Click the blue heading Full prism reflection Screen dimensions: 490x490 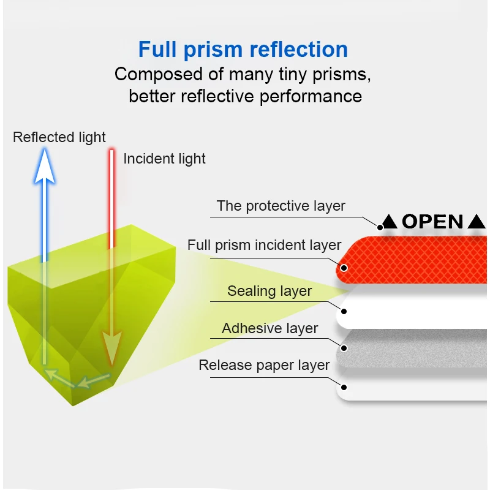tap(243, 49)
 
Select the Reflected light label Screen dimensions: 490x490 tap(59, 137)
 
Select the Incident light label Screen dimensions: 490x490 tap(164, 159)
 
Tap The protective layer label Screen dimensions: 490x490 tap(281, 206)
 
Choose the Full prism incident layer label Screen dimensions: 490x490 tap(264, 245)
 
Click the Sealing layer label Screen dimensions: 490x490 tap(269, 291)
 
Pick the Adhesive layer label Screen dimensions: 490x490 tap(269, 328)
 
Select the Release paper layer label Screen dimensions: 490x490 tap(264, 366)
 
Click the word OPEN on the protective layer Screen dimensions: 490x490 tap(432, 222)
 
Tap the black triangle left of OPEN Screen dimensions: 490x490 tap(390, 222)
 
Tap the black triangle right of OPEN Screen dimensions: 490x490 tap(476, 222)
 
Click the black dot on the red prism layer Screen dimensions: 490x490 tap(344, 268)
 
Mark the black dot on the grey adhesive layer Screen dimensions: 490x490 tap(344, 349)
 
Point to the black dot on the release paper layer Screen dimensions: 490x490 tap(344, 388)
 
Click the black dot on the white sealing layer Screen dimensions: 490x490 tap(344, 311)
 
